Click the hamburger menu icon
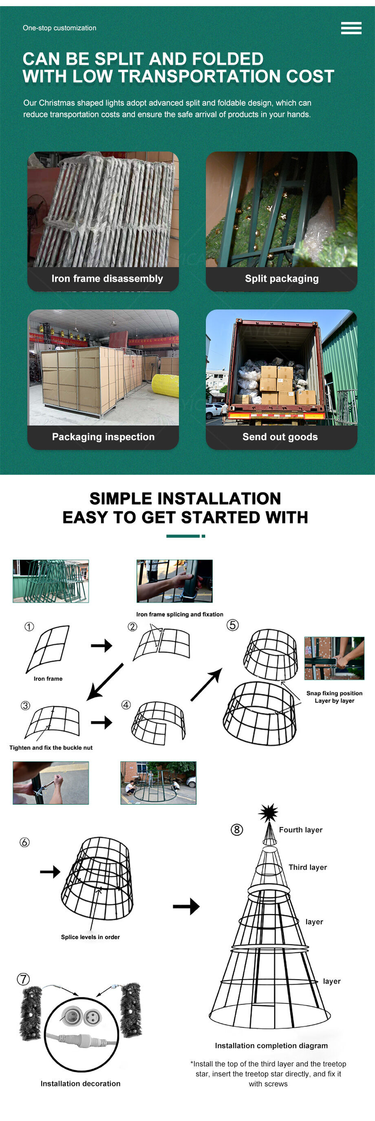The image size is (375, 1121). tap(351, 28)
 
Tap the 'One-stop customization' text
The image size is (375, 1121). tap(60, 28)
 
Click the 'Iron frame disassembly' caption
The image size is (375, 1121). tap(107, 279)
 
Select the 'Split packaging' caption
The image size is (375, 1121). tap(282, 279)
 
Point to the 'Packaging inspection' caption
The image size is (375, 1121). tap(103, 437)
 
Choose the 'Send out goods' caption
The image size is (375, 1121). tap(280, 437)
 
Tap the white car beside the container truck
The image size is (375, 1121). tap(214, 410)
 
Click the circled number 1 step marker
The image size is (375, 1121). tap(29, 627)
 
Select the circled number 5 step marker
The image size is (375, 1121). tap(233, 625)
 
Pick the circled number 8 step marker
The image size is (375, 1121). tap(236, 829)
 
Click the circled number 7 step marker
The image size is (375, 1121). tap(23, 979)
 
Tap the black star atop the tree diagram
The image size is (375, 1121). tap(268, 812)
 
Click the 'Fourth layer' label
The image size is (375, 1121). tap(300, 830)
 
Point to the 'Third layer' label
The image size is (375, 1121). tap(307, 867)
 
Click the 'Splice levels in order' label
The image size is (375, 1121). tap(90, 937)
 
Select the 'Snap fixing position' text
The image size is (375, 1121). tap(334, 693)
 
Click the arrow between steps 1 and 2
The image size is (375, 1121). tap(101, 645)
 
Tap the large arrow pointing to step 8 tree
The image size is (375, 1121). tap(186, 906)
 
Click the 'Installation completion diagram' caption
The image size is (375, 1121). tap(271, 1046)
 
